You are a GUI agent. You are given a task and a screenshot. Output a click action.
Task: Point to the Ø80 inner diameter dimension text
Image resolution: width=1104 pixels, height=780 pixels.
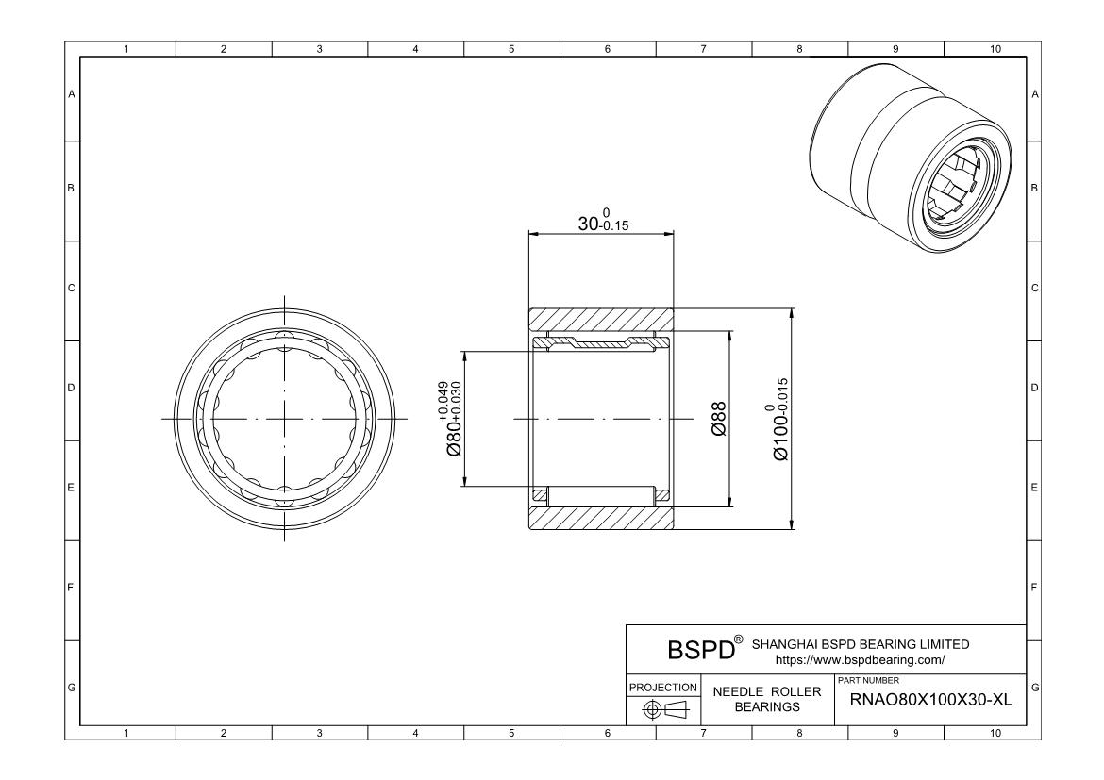[452, 419]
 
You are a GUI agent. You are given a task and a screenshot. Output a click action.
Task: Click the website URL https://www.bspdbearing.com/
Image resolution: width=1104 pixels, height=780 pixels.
[858, 659]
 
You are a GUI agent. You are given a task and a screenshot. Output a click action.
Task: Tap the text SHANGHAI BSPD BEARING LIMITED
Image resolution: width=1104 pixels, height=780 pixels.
[861, 644]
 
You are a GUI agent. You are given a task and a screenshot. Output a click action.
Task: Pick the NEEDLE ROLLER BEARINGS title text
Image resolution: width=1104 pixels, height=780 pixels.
[767, 699]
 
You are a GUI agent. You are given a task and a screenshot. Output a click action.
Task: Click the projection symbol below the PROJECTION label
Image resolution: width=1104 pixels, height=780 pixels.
[664, 709]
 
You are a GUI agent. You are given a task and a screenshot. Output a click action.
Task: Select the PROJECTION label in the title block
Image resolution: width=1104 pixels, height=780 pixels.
[664, 687]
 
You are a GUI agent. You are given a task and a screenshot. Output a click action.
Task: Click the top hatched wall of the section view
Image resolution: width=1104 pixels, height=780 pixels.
[601, 319]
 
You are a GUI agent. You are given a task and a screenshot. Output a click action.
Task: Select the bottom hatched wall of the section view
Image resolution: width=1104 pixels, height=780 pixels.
[601, 517]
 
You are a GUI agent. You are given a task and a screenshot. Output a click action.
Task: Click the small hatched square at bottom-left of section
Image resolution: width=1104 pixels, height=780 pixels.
[541, 495]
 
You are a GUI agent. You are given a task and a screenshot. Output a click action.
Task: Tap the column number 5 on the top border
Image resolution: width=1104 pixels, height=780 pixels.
[511, 49]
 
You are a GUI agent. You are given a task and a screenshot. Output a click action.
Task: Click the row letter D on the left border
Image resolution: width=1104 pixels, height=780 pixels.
[71, 388]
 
